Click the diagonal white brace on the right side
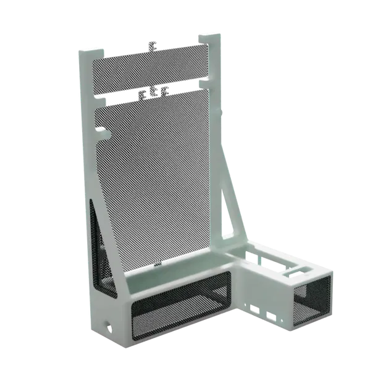point(229,173)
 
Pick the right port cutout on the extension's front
point(270,316)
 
